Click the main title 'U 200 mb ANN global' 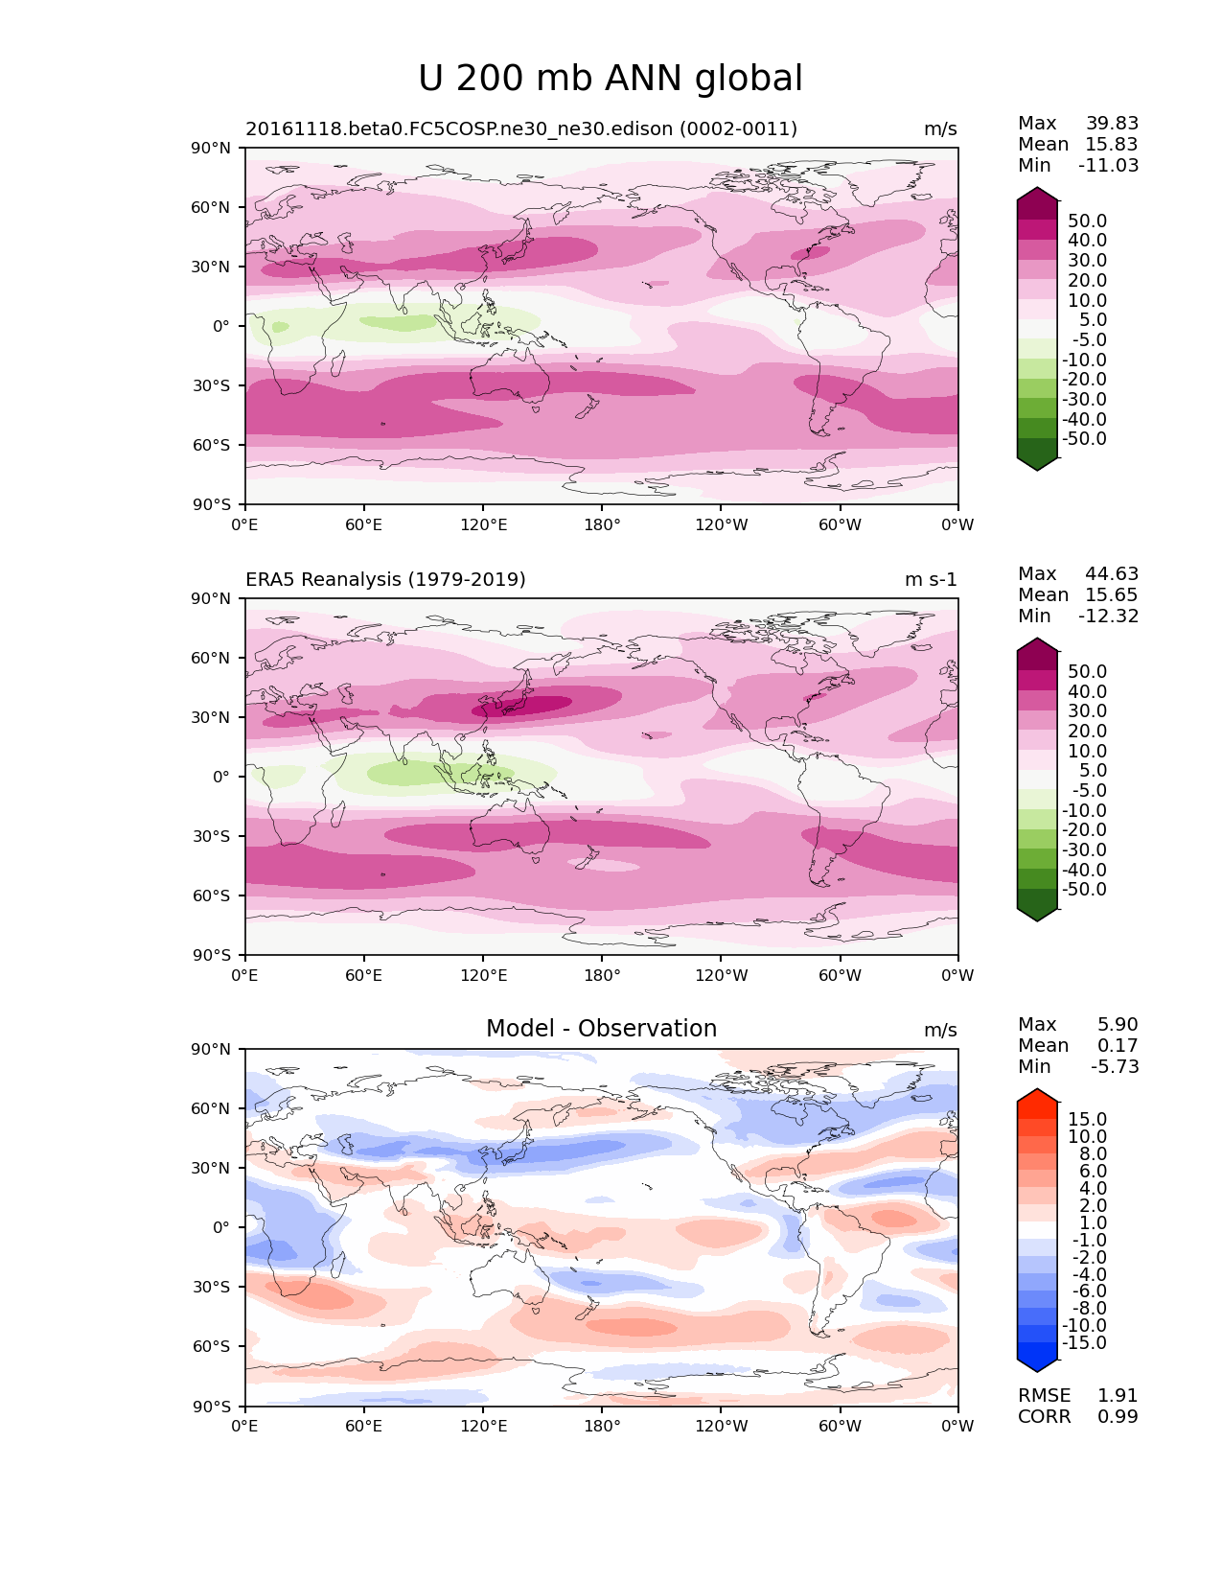point(611,79)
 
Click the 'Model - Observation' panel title point(601,1029)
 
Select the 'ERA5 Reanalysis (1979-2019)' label point(385,579)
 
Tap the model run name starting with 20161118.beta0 point(521,128)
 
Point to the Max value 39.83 point(1112,123)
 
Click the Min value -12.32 point(1109,616)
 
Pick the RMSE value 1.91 point(1118,1395)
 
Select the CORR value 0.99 point(1118,1416)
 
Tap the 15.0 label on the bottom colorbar point(1088,1119)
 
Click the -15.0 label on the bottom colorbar point(1084,1342)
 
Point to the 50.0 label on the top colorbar point(1088,221)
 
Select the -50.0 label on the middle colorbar point(1084,889)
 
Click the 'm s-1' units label point(931,579)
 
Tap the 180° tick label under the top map point(602,524)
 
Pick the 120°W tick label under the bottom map point(721,1426)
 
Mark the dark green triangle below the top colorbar point(1037,463)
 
